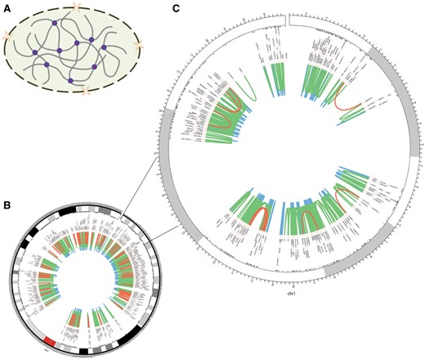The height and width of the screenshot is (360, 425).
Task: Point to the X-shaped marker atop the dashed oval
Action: click(77, 7)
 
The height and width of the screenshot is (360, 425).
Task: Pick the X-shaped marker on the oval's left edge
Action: click(7, 37)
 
